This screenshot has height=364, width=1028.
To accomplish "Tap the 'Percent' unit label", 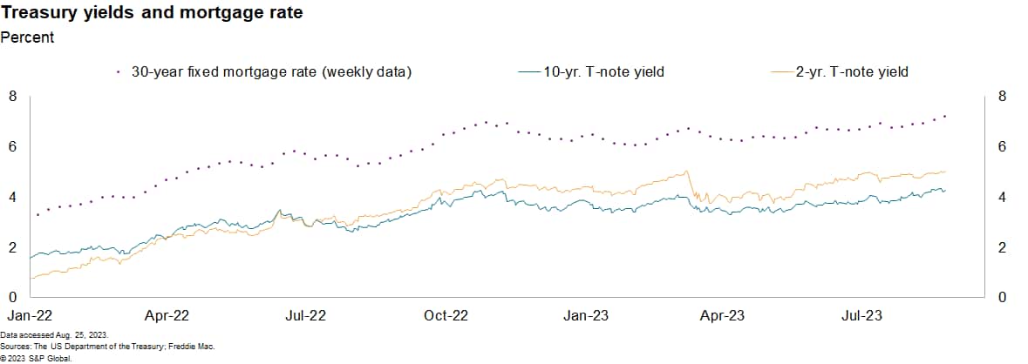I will pyautogui.click(x=27, y=37).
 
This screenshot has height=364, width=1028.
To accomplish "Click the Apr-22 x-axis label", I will pyautogui.click(x=166, y=314).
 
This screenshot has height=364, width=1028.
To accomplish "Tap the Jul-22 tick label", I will pyautogui.click(x=305, y=314).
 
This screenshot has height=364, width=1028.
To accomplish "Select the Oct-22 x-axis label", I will pyautogui.click(x=446, y=314).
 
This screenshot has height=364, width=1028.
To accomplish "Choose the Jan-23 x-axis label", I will pyautogui.click(x=587, y=314).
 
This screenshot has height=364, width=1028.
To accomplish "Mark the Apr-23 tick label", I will pyautogui.click(x=724, y=314).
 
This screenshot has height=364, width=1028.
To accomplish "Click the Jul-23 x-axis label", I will pyautogui.click(x=862, y=314).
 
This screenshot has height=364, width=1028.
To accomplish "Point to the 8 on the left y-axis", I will pyautogui.click(x=12, y=97).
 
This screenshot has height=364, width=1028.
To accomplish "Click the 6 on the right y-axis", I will pyautogui.click(x=1002, y=147).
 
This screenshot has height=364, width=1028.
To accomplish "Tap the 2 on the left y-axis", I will pyautogui.click(x=12, y=248).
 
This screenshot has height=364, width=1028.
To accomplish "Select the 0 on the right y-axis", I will pyautogui.click(x=1002, y=298).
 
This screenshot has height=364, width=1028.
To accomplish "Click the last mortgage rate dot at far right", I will pyautogui.click(x=945, y=116).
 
